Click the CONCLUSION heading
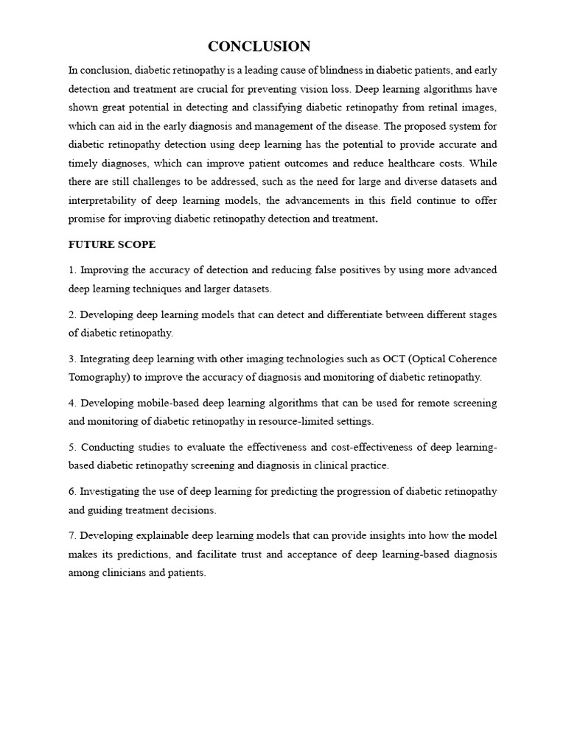pyautogui.click(x=259, y=46)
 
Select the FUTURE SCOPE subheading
pyautogui.click(x=112, y=244)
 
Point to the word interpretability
pyautogui.click(x=105, y=200)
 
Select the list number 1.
pyautogui.click(x=71, y=270)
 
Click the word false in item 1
pyautogui.click(x=325, y=270)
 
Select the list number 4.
pyautogui.click(x=71, y=404)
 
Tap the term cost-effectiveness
pyautogui.click(x=363, y=448)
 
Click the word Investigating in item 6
pyautogui.click(x=113, y=492)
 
